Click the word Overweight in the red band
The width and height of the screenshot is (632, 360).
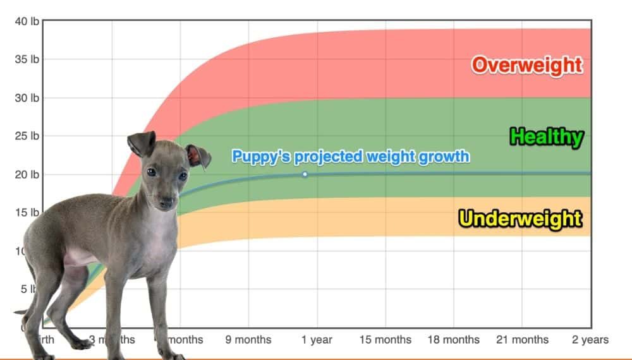[526, 64]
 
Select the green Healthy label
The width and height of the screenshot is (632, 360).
[546, 136]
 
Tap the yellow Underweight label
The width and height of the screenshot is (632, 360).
[520, 219]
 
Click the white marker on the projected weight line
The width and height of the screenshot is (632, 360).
[305, 174]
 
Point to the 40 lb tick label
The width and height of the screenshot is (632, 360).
[27, 21]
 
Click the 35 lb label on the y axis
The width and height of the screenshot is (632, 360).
[27, 60]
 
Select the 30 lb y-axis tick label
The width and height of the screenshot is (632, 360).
[27, 98]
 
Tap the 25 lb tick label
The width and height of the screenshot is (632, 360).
[27, 136]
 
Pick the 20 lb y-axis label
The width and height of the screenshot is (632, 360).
[27, 174]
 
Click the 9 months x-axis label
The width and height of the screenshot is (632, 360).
[248, 340]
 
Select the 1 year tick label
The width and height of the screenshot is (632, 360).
[317, 340]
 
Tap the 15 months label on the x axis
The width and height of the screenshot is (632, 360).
[385, 340]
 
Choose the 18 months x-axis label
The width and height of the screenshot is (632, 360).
[453, 340]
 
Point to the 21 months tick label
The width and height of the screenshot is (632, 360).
[521, 340]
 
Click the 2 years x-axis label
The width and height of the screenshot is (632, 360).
[590, 340]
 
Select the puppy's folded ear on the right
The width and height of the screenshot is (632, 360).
[198, 156]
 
